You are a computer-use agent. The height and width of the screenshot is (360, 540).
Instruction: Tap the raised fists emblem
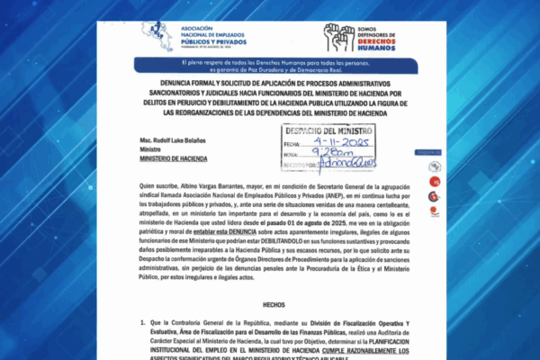(338, 37)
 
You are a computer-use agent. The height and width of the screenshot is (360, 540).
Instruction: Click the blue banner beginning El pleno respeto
(270, 65)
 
